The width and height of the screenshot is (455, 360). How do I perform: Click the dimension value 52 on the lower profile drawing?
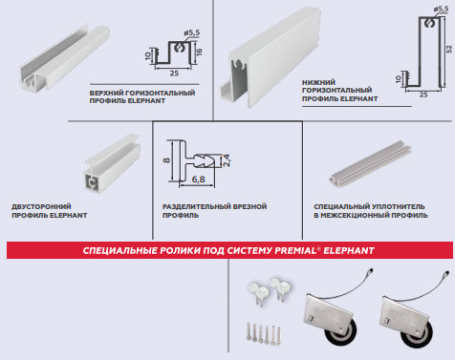(x=448, y=49)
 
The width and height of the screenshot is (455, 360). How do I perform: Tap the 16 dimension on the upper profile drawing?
(x=199, y=52)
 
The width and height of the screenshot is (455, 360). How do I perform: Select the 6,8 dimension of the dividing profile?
(x=199, y=180)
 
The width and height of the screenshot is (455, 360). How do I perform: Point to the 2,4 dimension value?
(x=227, y=160)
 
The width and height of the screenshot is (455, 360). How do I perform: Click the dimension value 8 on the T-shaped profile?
(x=166, y=160)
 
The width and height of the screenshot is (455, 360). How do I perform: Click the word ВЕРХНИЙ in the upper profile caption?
(x=106, y=94)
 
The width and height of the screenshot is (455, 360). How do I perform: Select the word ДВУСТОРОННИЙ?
(x=41, y=207)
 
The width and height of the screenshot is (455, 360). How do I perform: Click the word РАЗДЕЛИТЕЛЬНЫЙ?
(x=197, y=206)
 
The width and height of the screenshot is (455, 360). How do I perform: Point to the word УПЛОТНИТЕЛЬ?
(x=397, y=206)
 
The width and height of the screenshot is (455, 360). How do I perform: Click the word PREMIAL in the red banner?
(x=295, y=250)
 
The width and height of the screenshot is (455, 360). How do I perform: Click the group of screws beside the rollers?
(x=264, y=333)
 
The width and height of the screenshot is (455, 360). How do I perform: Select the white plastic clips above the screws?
(x=270, y=289)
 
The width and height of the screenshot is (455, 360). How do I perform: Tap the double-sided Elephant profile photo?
(x=112, y=163)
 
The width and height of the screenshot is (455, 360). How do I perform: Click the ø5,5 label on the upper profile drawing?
(x=192, y=32)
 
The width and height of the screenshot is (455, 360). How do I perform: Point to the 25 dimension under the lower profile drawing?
(x=423, y=95)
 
